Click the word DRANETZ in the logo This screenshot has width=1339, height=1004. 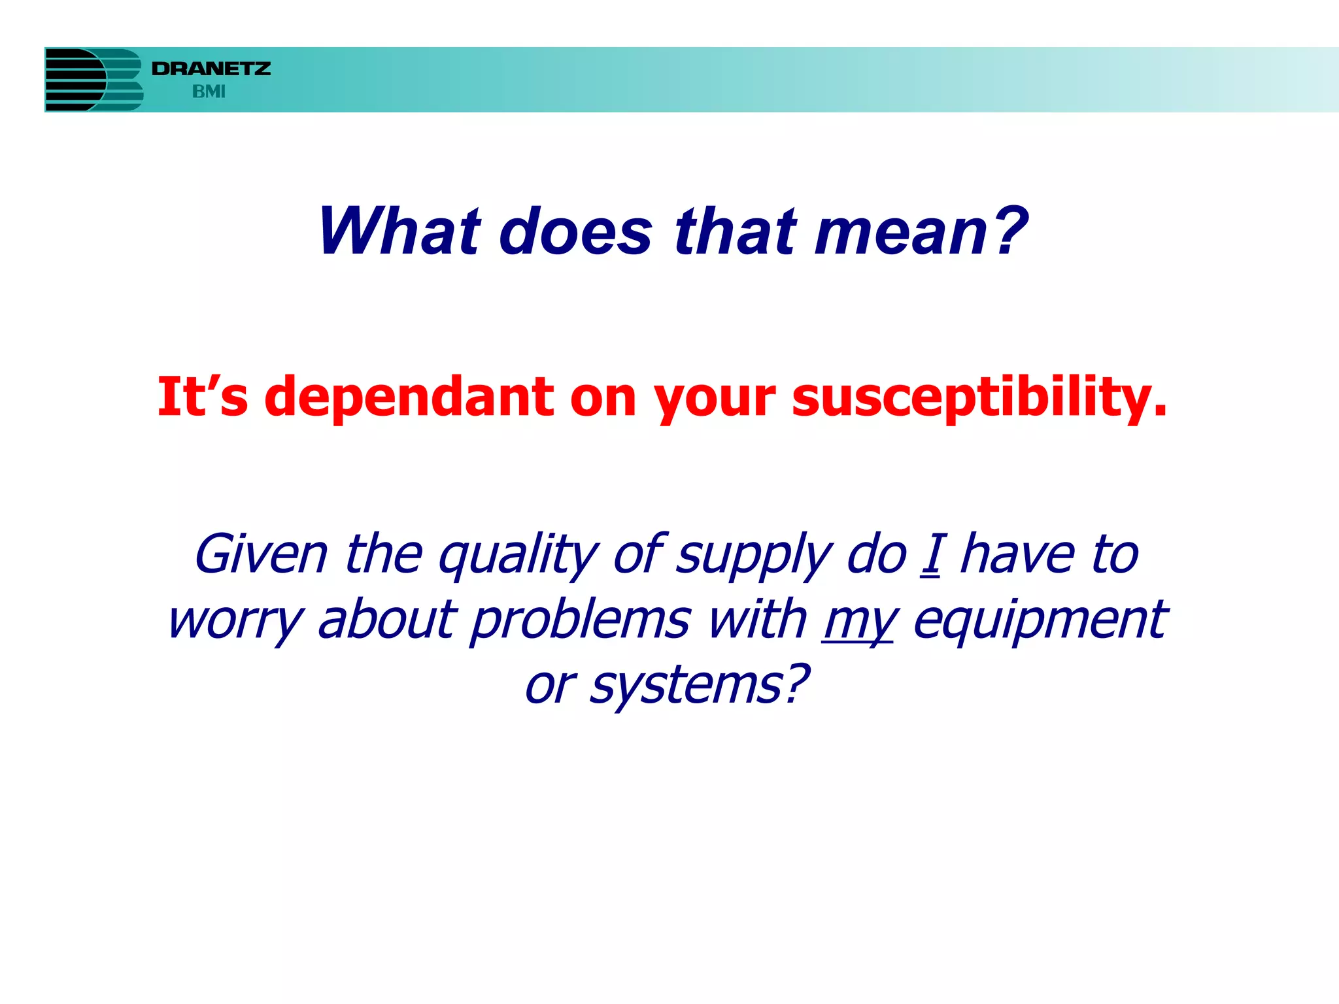coord(211,69)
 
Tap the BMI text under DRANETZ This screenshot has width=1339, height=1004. coord(209,92)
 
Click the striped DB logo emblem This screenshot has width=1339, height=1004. coord(93,80)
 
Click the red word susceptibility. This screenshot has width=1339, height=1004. coord(979,397)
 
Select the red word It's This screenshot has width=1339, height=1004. coord(203,397)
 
